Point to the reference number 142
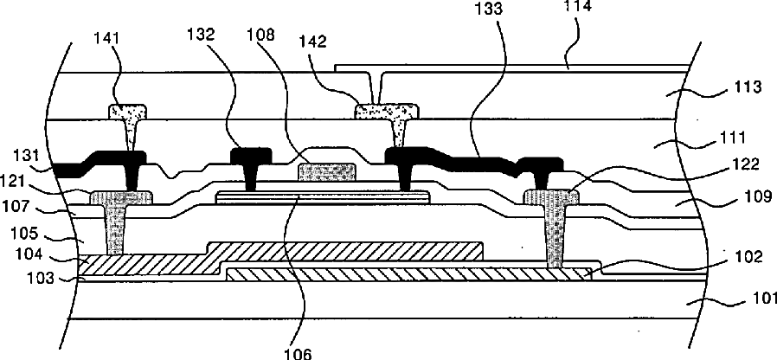pyautogui.click(x=312, y=42)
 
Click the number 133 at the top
pyautogui.click(x=488, y=10)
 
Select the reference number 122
pyautogui.click(x=746, y=164)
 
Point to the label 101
pyautogui.click(x=761, y=299)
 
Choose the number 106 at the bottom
pyautogui.click(x=299, y=354)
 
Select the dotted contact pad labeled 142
pyautogui.click(x=387, y=111)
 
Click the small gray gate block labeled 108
pyautogui.click(x=326, y=171)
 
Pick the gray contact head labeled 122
pyautogui.click(x=551, y=196)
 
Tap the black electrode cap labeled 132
pyautogui.click(x=252, y=155)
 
